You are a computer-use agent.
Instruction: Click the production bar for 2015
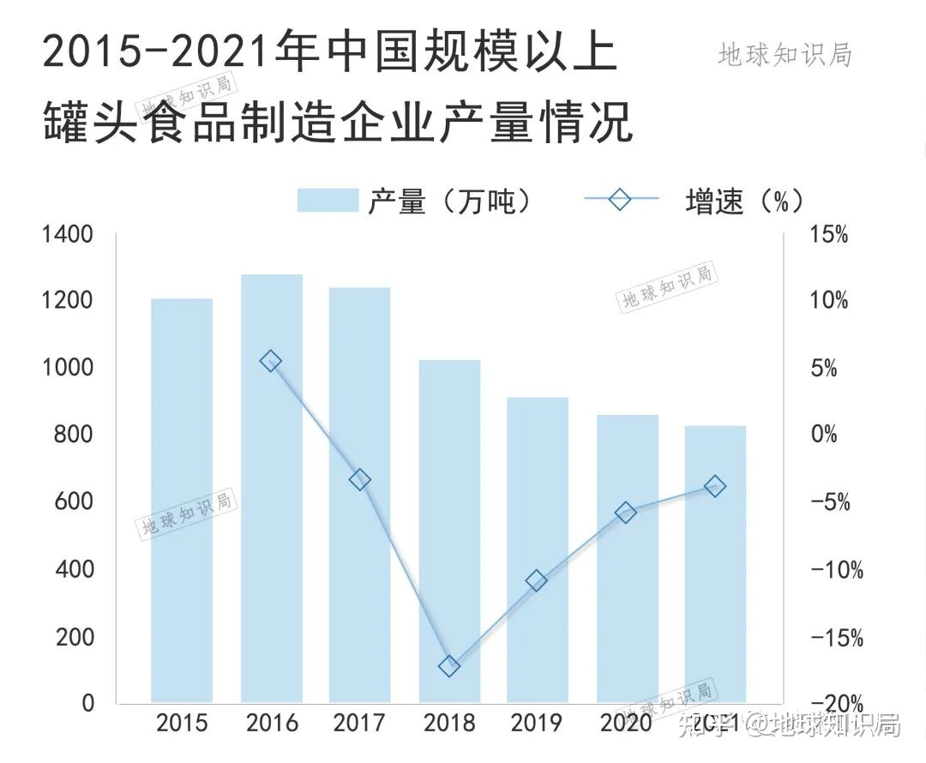coord(182,501)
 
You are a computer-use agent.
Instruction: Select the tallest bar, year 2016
coord(272,489)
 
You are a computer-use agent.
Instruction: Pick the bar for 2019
coord(538,550)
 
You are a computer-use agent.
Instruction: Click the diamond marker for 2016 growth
coord(271,361)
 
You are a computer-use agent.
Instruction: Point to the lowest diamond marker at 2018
coord(449,666)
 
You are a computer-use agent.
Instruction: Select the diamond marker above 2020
coord(626,513)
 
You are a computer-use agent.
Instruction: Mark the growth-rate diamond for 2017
coord(360,480)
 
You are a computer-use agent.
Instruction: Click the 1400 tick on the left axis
coord(68,234)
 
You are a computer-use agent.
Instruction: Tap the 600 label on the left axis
coord(75,502)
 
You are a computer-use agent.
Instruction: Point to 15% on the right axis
coord(829,234)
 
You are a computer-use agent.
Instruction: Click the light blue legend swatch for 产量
coord(327,200)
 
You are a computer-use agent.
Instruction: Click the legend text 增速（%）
coord(744,201)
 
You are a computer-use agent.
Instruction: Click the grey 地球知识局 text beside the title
coord(785,54)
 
